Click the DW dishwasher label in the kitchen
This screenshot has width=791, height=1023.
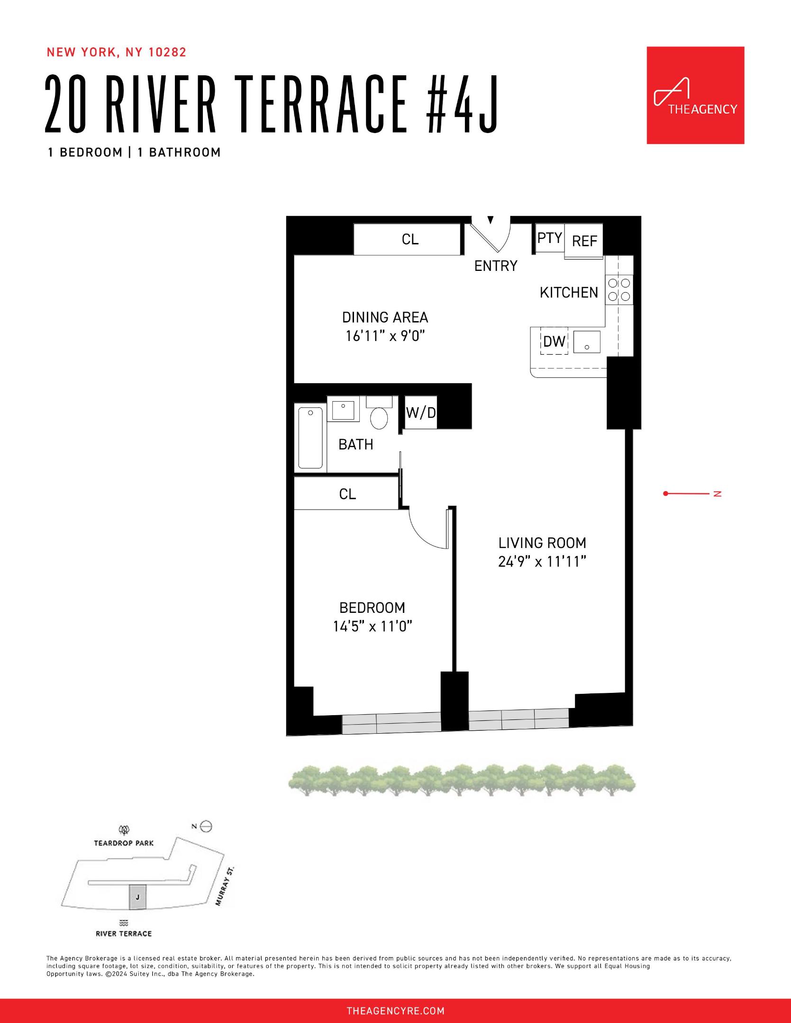point(554,341)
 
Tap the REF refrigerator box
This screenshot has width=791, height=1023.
point(584,241)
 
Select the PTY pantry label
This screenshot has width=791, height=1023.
point(549,238)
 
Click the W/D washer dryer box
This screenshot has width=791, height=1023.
point(421,413)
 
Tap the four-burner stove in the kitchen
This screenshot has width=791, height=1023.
point(619,290)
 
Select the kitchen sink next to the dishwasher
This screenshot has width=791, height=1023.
point(587,341)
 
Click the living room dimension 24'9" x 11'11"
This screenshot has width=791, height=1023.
point(542,562)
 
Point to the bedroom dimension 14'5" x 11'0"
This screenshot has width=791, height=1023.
point(373,627)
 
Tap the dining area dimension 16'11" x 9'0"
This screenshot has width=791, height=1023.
point(385,336)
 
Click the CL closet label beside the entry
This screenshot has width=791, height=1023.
point(410,240)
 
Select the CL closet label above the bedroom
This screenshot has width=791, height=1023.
point(347,494)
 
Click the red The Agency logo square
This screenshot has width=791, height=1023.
point(695,95)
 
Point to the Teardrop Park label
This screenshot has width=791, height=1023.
point(124,843)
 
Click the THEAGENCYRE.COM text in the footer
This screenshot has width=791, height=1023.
point(395,1011)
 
